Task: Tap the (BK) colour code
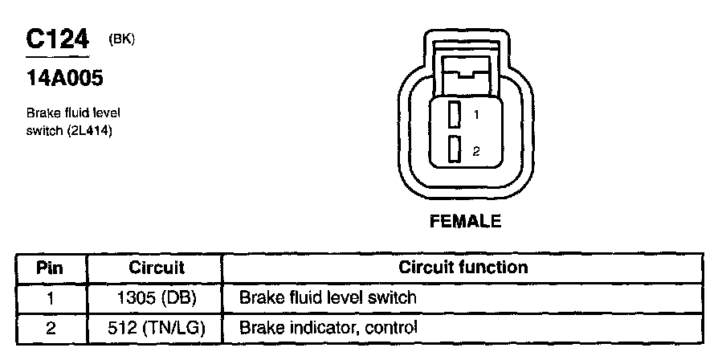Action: (x=122, y=38)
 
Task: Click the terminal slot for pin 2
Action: (x=455, y=149)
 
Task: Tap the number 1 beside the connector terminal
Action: (x=476, y=116)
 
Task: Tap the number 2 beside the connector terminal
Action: (x=476, y=150)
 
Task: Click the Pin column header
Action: (x=51, y=268)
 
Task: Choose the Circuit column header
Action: (x=156, y=268)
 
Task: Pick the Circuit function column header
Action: (x=463, y=268)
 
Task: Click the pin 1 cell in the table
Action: (x=51, y=298)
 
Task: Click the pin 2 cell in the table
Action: (x=51, y=328)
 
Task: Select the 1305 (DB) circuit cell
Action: (x=156, y=298)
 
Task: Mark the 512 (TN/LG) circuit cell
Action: (x=156, y=328)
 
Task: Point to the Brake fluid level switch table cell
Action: (x=328, y=298)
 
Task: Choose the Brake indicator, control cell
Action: (x=328, y=328)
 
